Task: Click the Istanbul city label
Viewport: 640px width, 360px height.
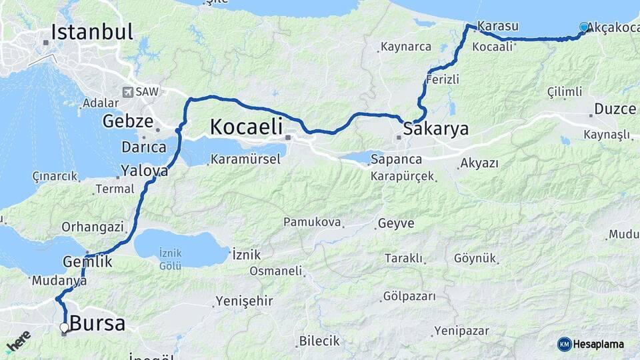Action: coord(91,32)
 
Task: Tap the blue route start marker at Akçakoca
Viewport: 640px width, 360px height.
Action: coord(585,27)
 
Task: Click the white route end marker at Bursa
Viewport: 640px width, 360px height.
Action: coord(65,328)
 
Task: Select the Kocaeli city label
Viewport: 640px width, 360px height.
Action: coord(246,126)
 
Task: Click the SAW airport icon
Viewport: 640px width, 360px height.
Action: coord(127,91)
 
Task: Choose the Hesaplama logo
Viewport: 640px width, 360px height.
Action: coord(591,344)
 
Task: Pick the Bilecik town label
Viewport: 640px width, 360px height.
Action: coord(319,341)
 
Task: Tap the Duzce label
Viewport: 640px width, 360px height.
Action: coord(615,109)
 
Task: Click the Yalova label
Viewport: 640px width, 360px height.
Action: coord(144,171)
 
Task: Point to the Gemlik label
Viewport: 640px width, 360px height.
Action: coord(87,262)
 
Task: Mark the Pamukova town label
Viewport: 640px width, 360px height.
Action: coord(312,222)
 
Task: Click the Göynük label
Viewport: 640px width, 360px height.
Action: coord(475,258)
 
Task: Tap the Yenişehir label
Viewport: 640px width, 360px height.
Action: coord(244,301)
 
